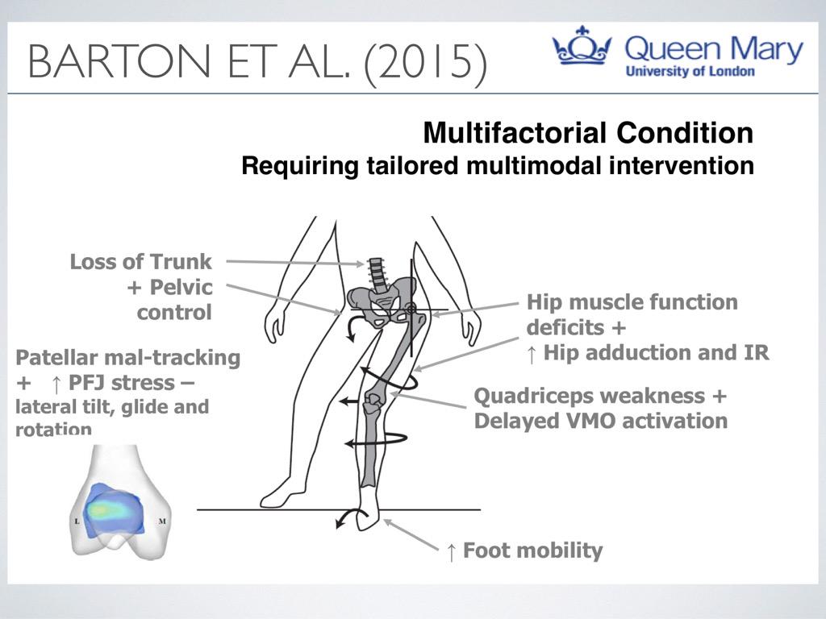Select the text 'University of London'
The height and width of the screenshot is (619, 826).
690,71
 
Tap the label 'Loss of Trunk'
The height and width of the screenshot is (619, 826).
140,261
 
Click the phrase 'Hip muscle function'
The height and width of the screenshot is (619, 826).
632,303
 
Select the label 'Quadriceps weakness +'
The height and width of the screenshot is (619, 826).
600,397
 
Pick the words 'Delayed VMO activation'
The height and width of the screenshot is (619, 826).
600,421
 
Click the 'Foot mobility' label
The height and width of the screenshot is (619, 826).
532,551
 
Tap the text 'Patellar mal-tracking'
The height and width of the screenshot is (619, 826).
127,357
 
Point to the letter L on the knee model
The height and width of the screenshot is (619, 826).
77,522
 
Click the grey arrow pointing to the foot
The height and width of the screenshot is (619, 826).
411,534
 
